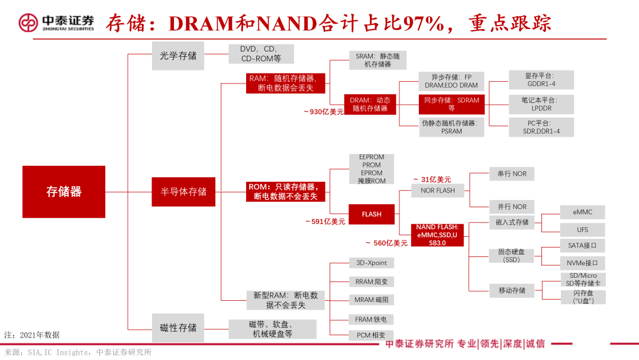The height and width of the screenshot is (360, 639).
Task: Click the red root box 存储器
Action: [64, 191]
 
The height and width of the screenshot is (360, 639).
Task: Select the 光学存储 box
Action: [178, 56]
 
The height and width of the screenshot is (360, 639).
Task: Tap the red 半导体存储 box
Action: [183, 191]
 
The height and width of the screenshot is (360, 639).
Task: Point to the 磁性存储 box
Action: [178, 327]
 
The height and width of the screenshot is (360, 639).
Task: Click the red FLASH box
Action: [372, 214]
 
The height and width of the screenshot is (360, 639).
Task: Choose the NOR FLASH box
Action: [437, 191]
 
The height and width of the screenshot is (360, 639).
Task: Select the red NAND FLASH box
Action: [437, 235]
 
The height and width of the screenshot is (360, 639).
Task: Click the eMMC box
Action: [582, 212]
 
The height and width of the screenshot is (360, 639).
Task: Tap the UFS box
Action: [582, 229]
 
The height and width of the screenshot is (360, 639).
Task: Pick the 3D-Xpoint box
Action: [371, 262]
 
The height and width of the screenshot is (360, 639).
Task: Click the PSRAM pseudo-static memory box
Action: [451, 127]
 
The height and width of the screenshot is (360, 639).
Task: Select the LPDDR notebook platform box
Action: [541, 104]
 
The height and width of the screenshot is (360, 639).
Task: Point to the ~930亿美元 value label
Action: [323, 112]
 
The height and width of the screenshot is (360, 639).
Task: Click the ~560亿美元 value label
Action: [386, 243]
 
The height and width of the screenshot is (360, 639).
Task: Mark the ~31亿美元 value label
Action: [431, 179]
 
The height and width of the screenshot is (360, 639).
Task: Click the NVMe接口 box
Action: [582, 262]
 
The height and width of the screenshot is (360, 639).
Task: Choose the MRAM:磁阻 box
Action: [371, 300]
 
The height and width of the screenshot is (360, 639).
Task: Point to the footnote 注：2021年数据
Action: [32, 335]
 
